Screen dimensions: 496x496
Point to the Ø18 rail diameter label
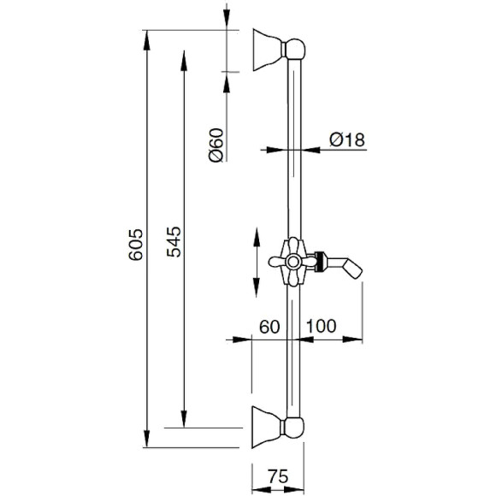pyautogui.click(x=345, y=139)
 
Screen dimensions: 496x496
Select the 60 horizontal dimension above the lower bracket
pyautogui.click(x=270, y=326)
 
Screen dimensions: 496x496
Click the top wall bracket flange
pyautogui.click(x=269, y=50)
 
